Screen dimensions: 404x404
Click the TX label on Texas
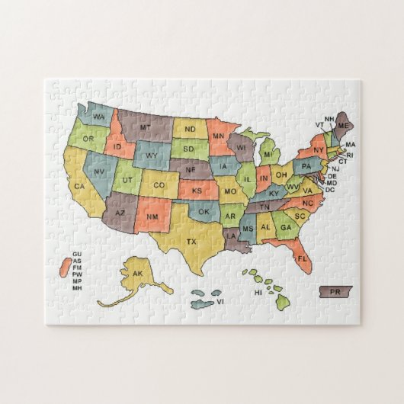191,242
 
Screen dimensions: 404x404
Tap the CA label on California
79,185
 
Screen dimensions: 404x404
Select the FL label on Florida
303,259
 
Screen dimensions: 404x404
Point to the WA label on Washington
100,116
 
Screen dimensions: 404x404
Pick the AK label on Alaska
137,274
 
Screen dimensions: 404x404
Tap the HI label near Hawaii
258,292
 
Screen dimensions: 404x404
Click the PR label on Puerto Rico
335,292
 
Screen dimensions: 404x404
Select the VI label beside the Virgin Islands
220,301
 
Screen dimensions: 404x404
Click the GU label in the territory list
76,253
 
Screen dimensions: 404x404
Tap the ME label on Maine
344,125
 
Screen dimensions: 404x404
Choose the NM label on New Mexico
152,219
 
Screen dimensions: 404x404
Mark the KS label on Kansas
197,190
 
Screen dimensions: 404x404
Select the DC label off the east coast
330,190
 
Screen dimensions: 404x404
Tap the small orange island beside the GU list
62,269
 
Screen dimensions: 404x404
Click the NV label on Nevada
99,172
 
